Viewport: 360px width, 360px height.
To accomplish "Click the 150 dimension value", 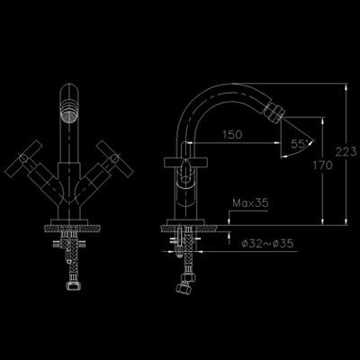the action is tap(232, 135).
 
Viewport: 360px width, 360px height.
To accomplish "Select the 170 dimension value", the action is tap(322, 165).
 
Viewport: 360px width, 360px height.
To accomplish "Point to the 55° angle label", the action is tap(298, 144).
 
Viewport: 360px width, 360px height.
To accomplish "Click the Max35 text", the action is tap(250, 203).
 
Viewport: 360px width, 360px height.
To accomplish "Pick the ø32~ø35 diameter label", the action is tap(267, 243).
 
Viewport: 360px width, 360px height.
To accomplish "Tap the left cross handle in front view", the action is tap(23, 158).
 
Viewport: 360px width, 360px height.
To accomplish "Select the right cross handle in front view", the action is tap(114, 158).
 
